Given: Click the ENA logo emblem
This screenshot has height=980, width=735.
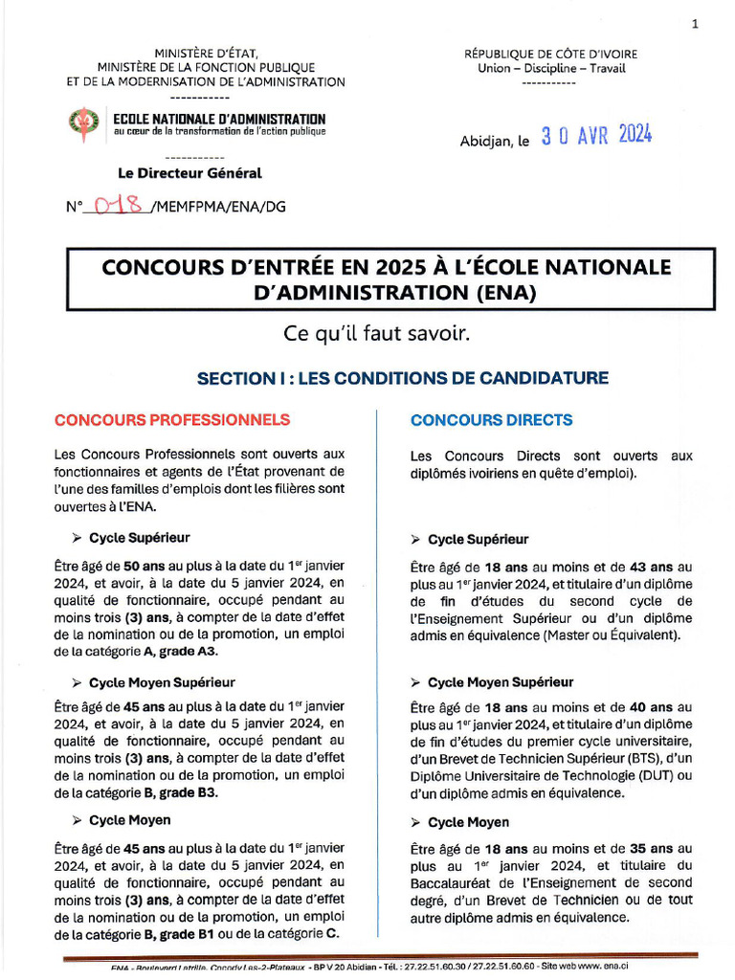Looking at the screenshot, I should point(83,124).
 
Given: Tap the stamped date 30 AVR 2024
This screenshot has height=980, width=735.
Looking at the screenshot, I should point(595,136).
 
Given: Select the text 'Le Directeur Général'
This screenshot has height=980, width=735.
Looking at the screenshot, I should point(189,173).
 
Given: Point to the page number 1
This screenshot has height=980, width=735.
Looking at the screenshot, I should point(695,25).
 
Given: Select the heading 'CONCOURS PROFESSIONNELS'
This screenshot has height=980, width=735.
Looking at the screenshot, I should point(172,420).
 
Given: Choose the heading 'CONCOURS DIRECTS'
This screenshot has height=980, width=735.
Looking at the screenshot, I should point(492,420).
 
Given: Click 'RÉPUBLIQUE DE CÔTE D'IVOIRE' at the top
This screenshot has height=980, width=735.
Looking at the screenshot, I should point(550,55).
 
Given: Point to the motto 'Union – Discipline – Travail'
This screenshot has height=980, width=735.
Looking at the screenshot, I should point(550,68).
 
